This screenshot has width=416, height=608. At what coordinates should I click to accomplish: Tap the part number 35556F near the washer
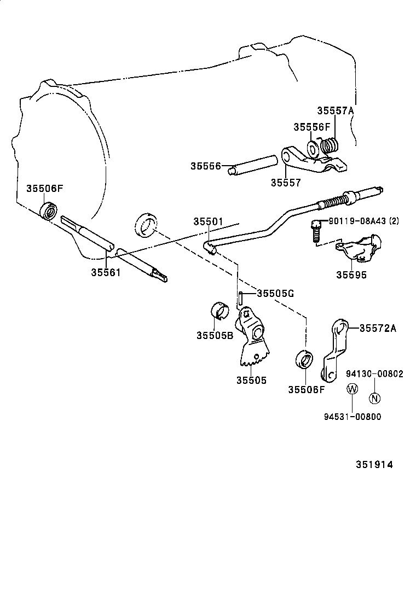(x=311, y=127)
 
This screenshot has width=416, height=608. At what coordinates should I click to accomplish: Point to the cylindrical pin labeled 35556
(x=254, y=165)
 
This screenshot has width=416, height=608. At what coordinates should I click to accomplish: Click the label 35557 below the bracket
(x=285, y=183)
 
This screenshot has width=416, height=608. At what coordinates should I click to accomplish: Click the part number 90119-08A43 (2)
(x=363, y=221)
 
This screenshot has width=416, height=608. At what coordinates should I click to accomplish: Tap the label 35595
(x=351, y=275)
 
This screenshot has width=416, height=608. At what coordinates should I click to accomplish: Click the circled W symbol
(x=353, y=389)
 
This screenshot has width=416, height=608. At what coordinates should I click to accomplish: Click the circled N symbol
(x=374, y=398)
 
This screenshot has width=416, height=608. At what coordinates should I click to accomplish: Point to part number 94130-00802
(x=374, y=374)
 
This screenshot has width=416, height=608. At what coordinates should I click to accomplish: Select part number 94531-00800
(x=353, y=417)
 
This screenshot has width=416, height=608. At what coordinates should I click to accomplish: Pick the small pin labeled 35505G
(x=240, y=299)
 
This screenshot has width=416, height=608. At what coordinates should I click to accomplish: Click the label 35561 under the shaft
(x=106, y=272)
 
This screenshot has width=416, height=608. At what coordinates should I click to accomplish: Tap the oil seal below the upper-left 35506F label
(x=50, y=210)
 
